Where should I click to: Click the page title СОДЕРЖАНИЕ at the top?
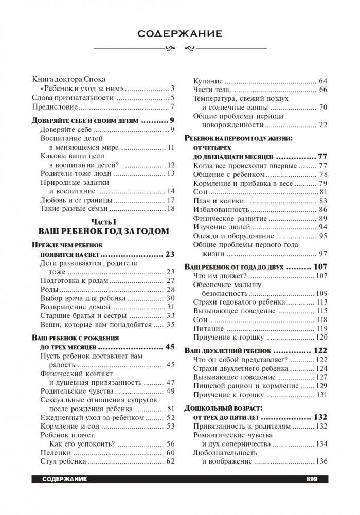pyautogui.click(x=179, y=34)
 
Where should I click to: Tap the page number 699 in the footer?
pyautogui.click(x=312, y=479)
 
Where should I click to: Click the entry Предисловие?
pyautogui.click(x=55, y=106)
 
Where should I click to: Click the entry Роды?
pyautogui.click(x=49, y=290)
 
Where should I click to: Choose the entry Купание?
pyautogui.click(x=208, y=80)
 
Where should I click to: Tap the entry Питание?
pyautogui.click(x=209, y=328)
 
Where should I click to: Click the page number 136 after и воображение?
pyautogui.click(x=321, y=461)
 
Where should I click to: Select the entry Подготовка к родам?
pyautogui.click(x=74, y=280)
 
